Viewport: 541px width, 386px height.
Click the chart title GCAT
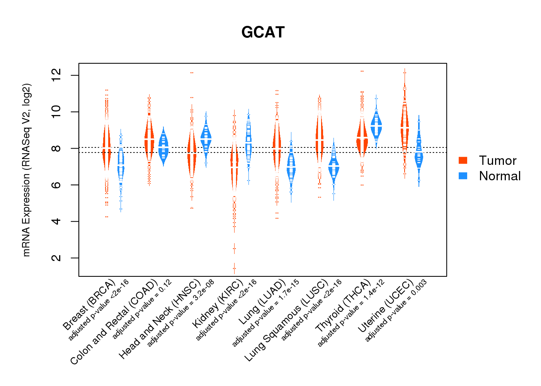coord(263,32)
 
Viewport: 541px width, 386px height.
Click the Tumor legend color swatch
coord(463,160)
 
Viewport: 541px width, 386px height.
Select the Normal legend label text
coord(500,176)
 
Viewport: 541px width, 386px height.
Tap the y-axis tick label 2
coord(56,258)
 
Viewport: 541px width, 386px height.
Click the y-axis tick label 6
coord(56,185)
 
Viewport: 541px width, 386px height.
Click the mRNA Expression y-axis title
coord(26,170)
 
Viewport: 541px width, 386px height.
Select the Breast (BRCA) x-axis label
coord(89,305)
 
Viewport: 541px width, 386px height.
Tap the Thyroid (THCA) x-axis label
coord(343,306)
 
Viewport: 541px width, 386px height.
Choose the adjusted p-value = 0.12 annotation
coord(142,310)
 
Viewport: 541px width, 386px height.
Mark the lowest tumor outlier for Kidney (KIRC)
coord(234,268)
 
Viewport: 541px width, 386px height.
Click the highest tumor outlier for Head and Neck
coord(192,73)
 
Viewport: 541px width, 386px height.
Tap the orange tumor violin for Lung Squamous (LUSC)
coord(320,139)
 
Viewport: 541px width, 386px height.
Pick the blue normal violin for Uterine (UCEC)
coord(419,154)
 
